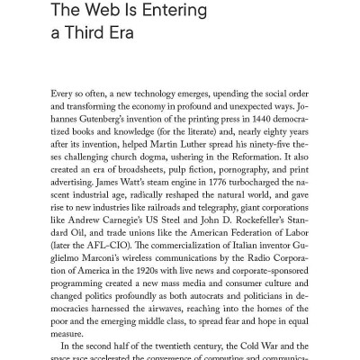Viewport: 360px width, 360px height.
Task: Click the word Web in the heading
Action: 94,13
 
